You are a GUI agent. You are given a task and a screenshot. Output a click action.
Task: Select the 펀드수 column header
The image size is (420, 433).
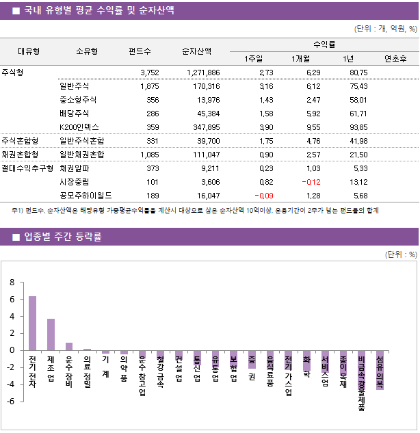(140, 51)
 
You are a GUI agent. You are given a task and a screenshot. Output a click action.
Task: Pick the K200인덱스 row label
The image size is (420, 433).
(79, 127)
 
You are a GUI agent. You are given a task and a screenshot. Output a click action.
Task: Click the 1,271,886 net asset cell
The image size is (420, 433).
(202, 73)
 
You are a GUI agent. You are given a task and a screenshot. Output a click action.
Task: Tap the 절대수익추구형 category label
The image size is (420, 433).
(27, 168)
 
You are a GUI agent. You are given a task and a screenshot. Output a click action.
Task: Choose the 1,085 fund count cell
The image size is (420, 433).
(148, 155)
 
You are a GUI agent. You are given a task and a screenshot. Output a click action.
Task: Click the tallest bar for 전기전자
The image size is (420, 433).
(32, 323)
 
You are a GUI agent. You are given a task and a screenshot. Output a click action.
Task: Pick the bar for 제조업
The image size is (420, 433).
(51, 334)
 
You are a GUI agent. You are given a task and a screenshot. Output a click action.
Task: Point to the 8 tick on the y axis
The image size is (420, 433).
(12, 283)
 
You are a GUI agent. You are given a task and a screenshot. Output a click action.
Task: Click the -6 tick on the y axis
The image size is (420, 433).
(10, 401)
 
